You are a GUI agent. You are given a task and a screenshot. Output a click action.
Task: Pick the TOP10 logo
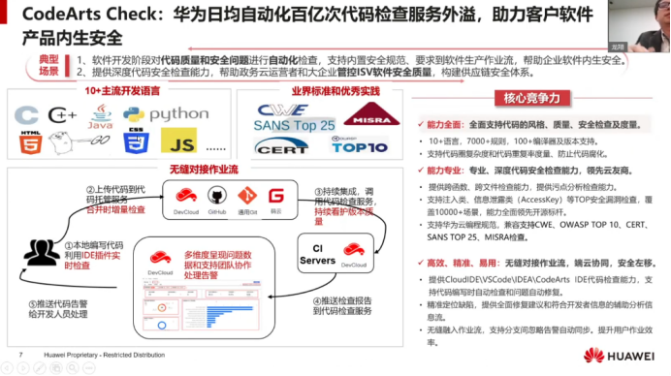364,148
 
